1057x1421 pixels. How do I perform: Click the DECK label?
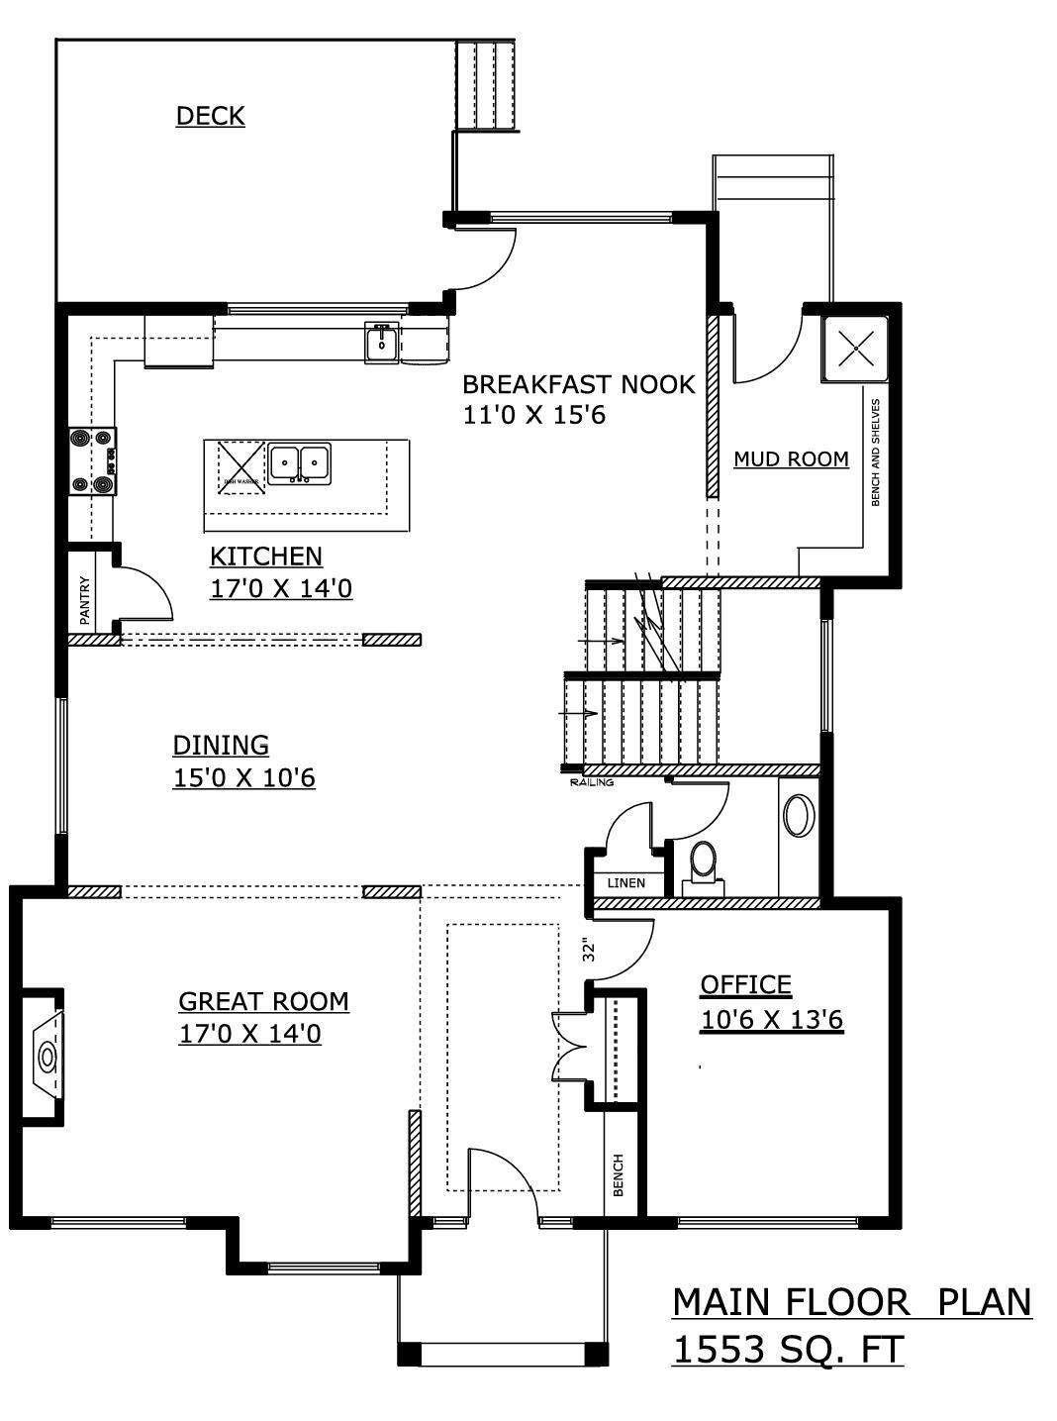point(210,116)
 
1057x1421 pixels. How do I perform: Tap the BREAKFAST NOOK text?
point(579,384)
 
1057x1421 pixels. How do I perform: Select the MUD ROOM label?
point(791,458)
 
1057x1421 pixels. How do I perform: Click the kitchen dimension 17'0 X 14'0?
point(281,589)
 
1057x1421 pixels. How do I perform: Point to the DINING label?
point(221,745)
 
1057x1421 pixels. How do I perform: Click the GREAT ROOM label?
point(263,1001)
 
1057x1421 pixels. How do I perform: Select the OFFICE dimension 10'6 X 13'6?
point(772,1020)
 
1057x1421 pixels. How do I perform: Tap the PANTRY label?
point(85,599)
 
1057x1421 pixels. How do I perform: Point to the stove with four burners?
point(92,460)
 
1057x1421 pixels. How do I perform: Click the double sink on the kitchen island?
point(300,461)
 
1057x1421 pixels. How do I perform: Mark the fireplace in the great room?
point(46,1057)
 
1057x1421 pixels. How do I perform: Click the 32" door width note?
point(590,951)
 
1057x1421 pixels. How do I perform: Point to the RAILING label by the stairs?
point(592,783)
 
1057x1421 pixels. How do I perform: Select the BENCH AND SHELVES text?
point(875,453)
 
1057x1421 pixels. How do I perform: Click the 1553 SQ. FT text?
point(788,1349)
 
